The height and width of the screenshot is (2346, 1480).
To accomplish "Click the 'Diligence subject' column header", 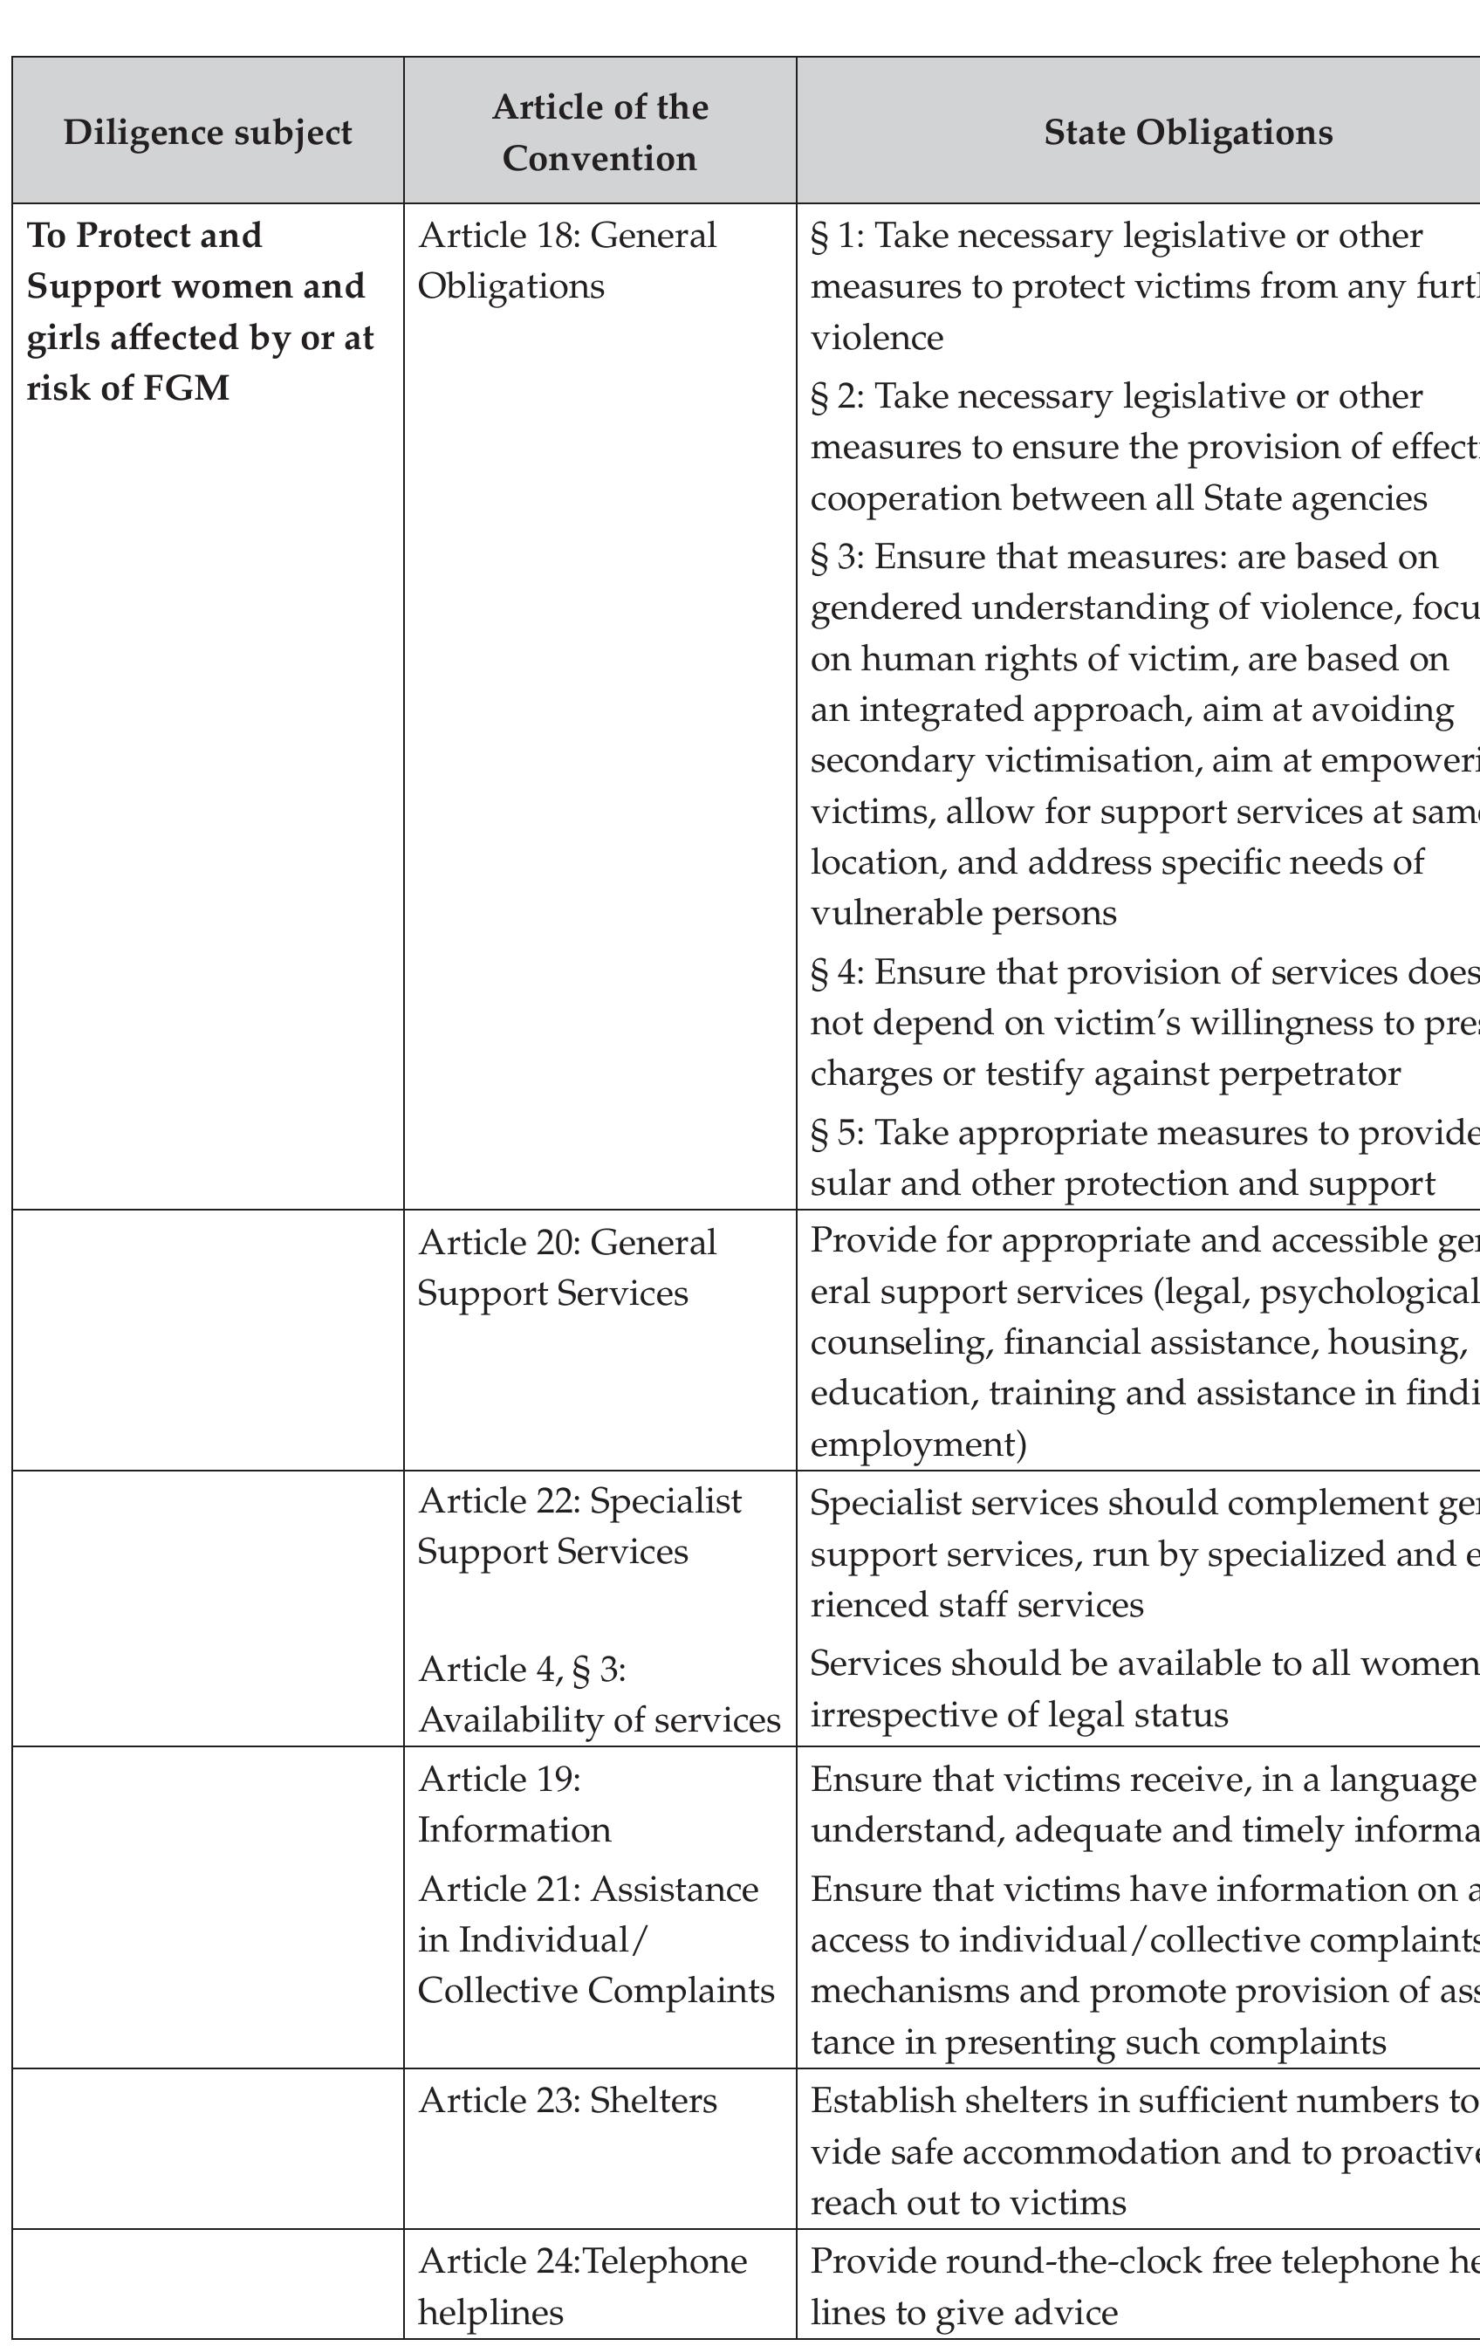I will tap(208, 133).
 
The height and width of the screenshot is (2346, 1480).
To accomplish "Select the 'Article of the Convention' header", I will tap(600, 133).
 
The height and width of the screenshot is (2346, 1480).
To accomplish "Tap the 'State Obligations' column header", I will tap(1188, 133).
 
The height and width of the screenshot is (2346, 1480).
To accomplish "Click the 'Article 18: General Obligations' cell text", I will tap(567, 261).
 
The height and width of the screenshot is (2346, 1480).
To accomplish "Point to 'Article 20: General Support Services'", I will tap(567, 1267).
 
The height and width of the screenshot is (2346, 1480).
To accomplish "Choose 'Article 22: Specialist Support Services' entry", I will tap(579, 1526).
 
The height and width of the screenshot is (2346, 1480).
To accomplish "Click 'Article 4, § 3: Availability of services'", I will tap(599, 1694).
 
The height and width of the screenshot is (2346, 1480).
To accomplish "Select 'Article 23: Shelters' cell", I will tap(568, 2100).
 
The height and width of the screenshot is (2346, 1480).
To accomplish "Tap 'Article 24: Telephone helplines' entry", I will tap(583, 2286).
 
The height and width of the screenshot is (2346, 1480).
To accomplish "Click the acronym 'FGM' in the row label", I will tap(186, 388).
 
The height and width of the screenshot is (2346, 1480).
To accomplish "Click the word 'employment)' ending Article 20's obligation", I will tap(918, 1444).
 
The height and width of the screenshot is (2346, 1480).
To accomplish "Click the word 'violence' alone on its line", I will tap(877, 338).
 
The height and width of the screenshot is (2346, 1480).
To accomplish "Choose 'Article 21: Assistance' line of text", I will tap(588, 1889).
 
